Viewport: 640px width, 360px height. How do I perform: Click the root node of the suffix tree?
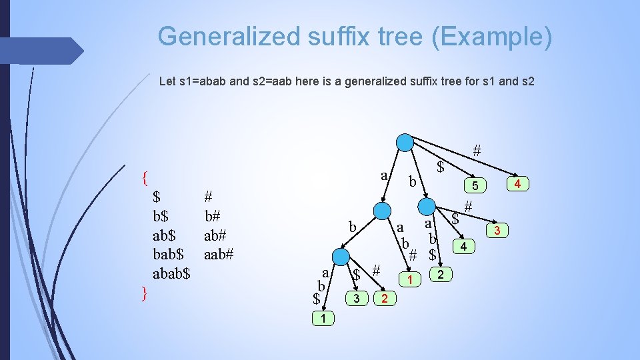404,143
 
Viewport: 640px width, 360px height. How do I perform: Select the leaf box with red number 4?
517,182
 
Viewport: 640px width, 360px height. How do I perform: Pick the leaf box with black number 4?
465,247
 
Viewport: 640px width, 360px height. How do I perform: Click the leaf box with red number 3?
497,231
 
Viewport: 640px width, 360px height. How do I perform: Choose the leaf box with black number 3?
357,297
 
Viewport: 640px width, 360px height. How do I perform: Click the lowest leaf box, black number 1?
323,319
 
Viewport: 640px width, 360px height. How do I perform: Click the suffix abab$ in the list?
172,273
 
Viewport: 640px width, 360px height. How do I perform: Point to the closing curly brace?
144,293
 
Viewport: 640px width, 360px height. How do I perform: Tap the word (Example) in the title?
491,36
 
